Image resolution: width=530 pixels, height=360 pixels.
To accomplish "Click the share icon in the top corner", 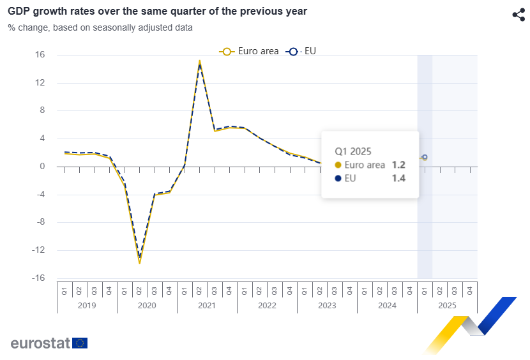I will [x=518, y=15].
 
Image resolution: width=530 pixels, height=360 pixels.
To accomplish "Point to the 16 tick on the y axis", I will [x=40, y=55].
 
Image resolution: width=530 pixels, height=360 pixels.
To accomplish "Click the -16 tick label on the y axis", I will [x=38, y=278].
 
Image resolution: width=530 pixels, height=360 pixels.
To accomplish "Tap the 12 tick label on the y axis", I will [x=40, y=83].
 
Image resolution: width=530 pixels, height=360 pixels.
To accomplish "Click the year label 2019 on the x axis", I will [x=87, y=306].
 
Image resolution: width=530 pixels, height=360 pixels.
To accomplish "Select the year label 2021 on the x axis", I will [x=207, y=306].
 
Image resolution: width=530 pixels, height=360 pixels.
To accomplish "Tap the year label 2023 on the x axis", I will [x=327, y=306].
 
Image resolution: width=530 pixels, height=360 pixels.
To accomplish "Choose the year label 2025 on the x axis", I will [x=447, y=306].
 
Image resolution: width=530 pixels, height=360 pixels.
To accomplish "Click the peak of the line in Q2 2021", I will [x=200, y=62].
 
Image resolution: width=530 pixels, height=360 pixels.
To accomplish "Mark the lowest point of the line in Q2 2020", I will [x=139, y=262].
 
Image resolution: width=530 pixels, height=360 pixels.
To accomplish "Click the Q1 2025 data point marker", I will [x=425, y=157].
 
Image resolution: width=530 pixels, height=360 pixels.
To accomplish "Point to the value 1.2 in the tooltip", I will [x=399, y=165].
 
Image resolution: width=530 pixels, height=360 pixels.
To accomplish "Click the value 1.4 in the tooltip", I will [x=399, y=178].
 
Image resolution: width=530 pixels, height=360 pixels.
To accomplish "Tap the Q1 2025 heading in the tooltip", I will [x=353, y=151].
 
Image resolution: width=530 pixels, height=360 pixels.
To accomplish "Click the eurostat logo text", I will [x=40, y=343].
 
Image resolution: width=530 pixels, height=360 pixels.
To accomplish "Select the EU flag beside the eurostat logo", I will [x=80, y=343].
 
